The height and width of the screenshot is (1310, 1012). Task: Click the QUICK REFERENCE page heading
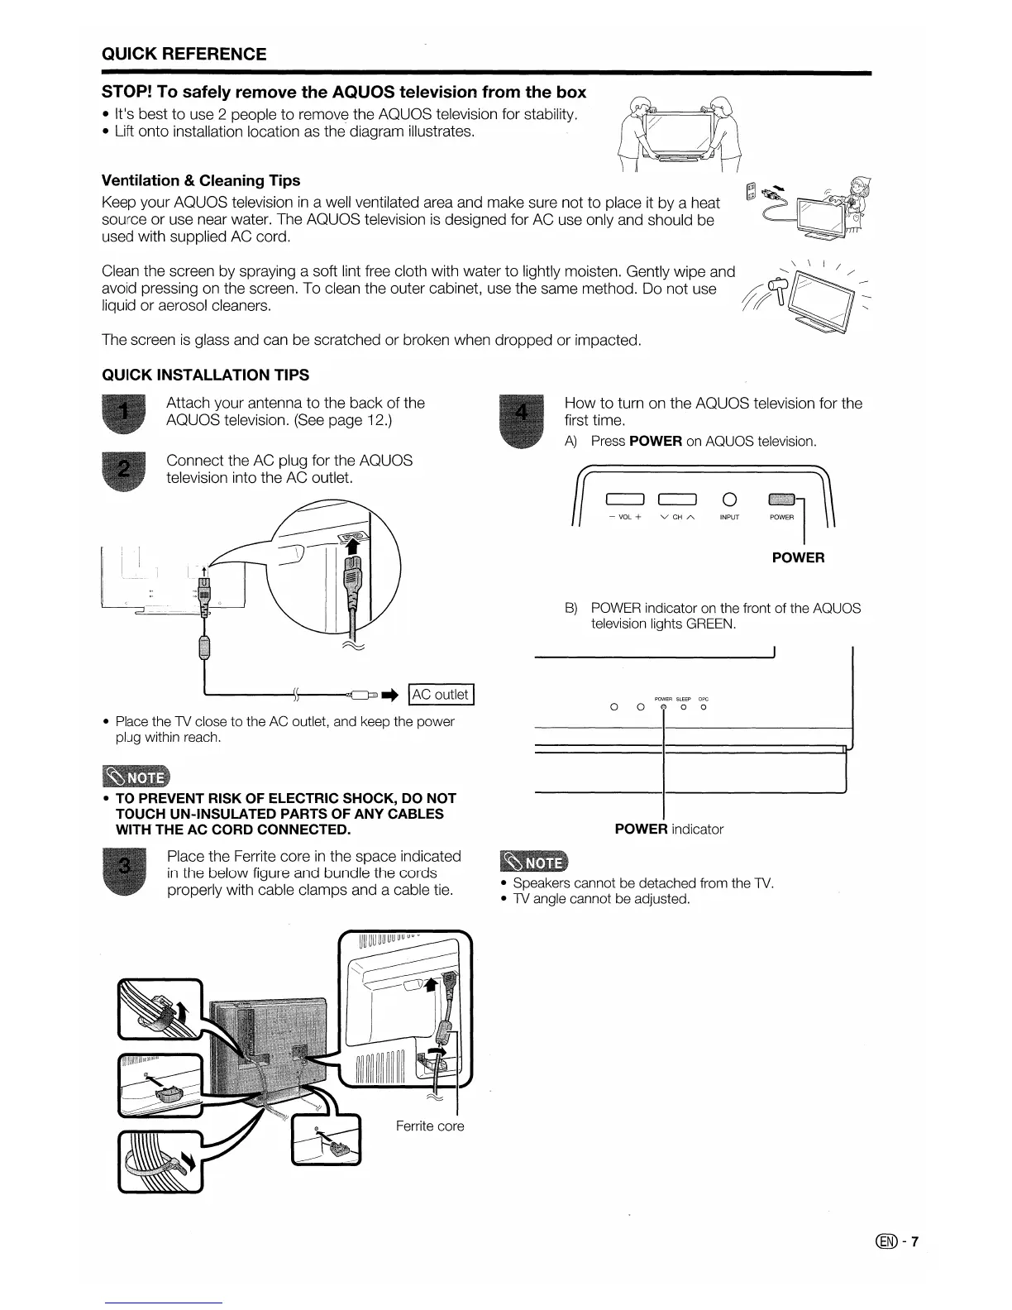184,55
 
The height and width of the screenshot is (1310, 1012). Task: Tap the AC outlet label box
441,695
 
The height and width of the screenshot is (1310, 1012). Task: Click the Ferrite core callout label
429,1126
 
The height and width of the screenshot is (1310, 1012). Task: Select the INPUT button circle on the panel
728,499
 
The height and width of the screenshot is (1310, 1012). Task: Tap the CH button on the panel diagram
677,499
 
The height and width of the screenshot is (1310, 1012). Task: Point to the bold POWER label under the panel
798,557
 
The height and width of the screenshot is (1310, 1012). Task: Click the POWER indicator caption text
669,829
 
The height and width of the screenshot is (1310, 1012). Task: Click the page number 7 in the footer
915,1241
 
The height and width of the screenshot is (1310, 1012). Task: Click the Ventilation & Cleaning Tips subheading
200,180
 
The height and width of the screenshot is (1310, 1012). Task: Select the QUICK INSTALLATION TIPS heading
205,375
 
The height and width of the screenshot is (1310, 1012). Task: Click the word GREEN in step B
709,624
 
